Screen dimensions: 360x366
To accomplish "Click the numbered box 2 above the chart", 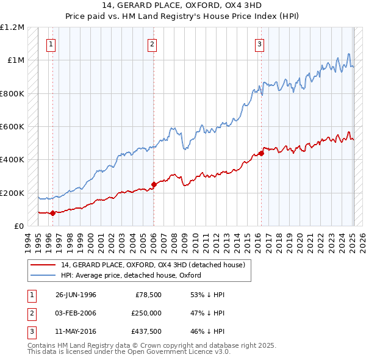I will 151,44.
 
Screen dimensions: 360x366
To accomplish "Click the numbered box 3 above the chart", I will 259,44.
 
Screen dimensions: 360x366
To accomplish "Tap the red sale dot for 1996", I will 52,213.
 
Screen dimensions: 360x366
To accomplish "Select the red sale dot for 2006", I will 153,185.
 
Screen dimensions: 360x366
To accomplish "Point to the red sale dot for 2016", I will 261,153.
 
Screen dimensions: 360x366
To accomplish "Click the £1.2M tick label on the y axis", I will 12,27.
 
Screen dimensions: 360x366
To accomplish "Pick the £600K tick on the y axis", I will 12,126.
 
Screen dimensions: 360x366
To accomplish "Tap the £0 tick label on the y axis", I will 18,226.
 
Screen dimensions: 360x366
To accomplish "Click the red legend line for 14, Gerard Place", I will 43,265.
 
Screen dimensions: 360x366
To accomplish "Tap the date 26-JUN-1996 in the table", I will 76,294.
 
